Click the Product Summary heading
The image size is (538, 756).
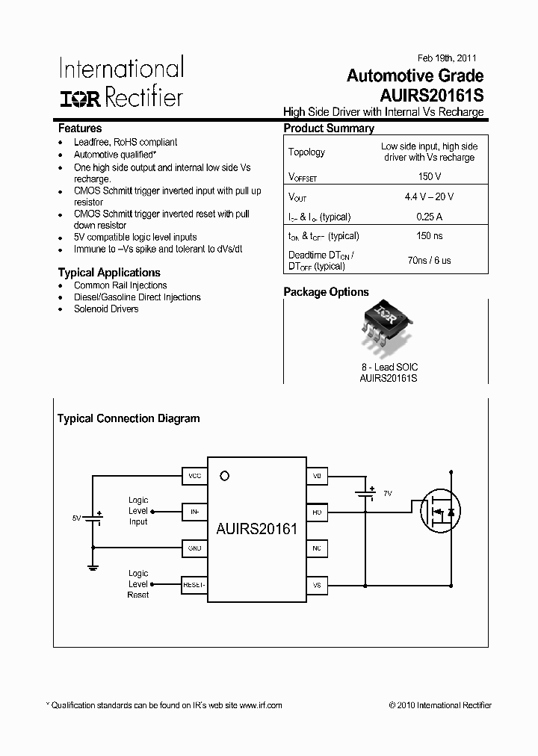[329, 128]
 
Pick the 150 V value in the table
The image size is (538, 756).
[429, 177]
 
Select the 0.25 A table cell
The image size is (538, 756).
[429, 217]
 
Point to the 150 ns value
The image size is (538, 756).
[429, 236]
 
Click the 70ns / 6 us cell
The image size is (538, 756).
[429, 261]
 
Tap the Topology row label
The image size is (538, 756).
[306, 152]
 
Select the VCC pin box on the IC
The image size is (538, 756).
[195, 476]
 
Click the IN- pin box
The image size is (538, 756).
[195, 512]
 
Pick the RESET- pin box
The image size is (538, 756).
[194, 585]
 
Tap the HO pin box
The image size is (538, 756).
[317, 512]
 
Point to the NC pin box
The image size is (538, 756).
[317, 548]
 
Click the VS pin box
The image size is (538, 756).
[317, 585]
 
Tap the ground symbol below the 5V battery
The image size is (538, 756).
[93, 568]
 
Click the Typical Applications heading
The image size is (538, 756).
[109, 273]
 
